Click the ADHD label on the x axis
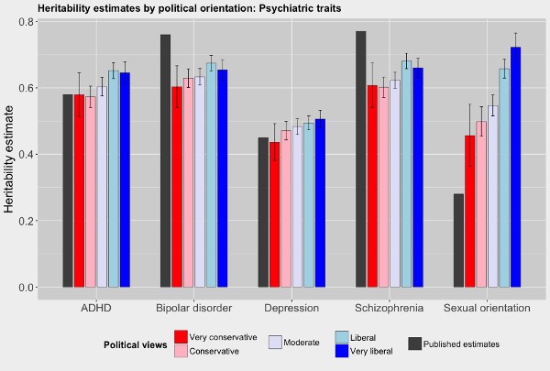(x=95, y=308)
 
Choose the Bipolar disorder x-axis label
(x=193, y=308)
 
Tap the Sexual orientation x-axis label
(x=487, y=308)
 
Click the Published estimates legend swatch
(x=414, y=344)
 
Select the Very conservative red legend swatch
(x=181, y=336)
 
